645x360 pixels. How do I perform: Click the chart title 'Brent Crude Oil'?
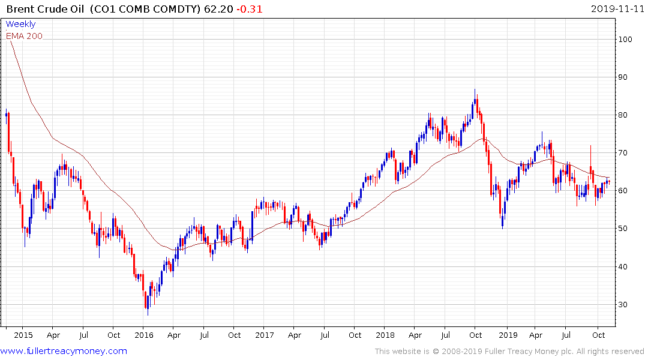(x=46, y=9)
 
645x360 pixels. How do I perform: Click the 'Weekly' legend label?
(x=21, y=25)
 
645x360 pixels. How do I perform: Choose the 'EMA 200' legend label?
(x=25, y=36)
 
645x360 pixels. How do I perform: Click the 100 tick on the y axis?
(x=628, y=40)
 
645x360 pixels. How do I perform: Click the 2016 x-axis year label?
(x=143, y=335)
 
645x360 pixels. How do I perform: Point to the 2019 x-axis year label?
(x=508, y=335)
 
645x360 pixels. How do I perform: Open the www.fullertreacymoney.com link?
(x=64, y=351)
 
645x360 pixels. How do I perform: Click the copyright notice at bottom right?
(x=509, y=352)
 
